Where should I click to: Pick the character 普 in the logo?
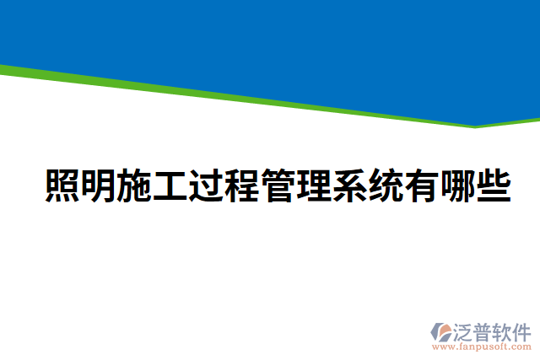(x=484, y=330)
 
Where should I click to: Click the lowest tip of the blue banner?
(x=474, y=126)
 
